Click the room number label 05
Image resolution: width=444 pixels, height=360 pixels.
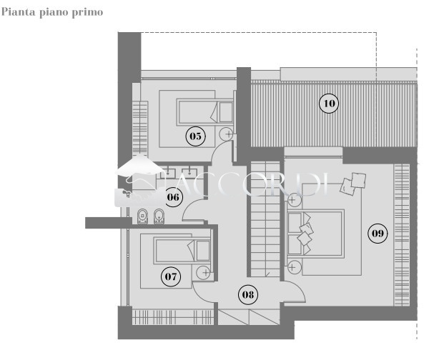(x=195, y=136)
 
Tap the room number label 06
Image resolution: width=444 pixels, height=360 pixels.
(x=173, y=197)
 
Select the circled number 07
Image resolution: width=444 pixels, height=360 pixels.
(x=170, y=276)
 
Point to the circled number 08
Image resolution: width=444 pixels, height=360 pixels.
(x=248, y=295)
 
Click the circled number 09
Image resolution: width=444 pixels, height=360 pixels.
(x=378, y=234)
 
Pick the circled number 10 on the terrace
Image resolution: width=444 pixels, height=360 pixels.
(x=329, y=104)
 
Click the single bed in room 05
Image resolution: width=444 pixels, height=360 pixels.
(x=205, y=112)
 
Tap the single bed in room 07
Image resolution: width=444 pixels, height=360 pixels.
(x=182, y=251)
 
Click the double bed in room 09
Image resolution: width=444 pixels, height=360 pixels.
(x=316, y=234)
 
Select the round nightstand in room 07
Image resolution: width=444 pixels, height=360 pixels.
(x=203, y=273)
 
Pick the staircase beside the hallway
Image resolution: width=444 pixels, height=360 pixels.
(x=265, y=219)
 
